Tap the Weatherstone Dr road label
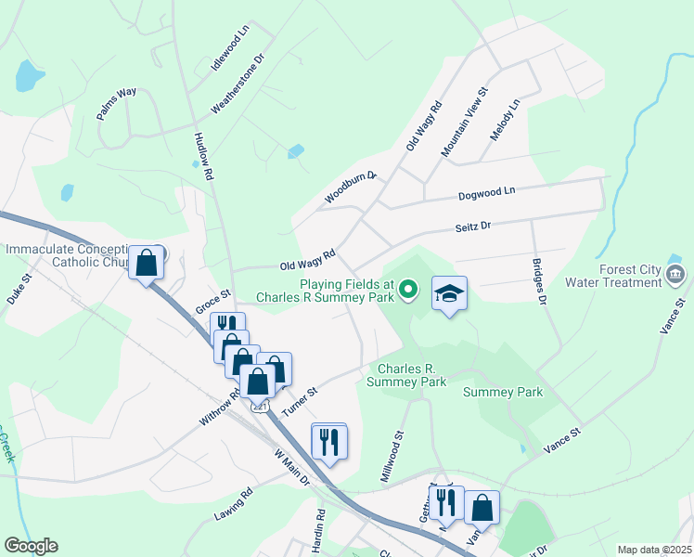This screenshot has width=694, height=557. (238, 83)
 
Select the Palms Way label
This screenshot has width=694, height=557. (116, 104)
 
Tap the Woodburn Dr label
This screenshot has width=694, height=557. (351, 188)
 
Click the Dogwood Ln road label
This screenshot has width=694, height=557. (486, 193)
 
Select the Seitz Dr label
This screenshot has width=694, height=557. (472, 226)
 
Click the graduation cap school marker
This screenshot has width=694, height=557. (450, 293)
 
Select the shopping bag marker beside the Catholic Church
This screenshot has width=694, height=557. (147, 263)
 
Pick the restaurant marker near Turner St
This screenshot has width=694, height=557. (328, 441)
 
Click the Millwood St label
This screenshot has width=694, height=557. (393, 455)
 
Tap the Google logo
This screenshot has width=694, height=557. (32, 545)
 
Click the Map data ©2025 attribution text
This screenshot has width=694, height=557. (653, 550)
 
